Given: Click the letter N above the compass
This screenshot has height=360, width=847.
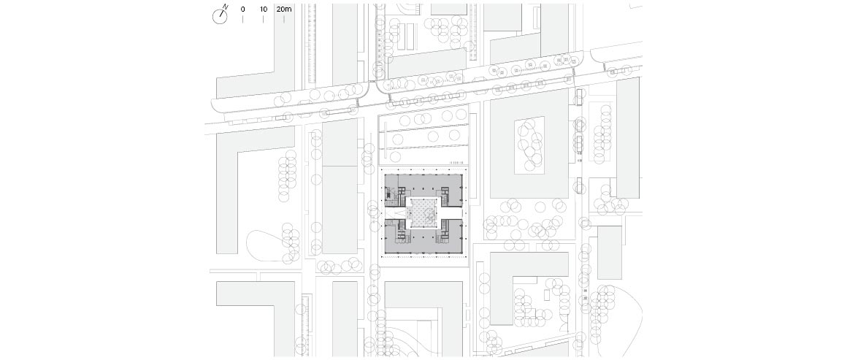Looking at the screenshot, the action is [x=226, y=7].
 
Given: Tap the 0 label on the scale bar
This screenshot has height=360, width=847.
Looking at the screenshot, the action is [x=242, y=9].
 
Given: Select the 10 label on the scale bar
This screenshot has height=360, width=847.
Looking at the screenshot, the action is [x=263, y=9].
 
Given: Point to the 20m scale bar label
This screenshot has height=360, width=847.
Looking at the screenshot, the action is [x=284, y=9].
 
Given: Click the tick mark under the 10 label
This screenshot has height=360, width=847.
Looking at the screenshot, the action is [x=263, y=20].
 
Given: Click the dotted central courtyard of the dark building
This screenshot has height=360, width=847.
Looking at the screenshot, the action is [x=423, y=213].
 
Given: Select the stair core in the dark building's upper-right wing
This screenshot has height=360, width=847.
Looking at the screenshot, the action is [x=445, y=194].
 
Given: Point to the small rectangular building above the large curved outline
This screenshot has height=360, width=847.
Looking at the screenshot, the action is [x=610, y=253].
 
